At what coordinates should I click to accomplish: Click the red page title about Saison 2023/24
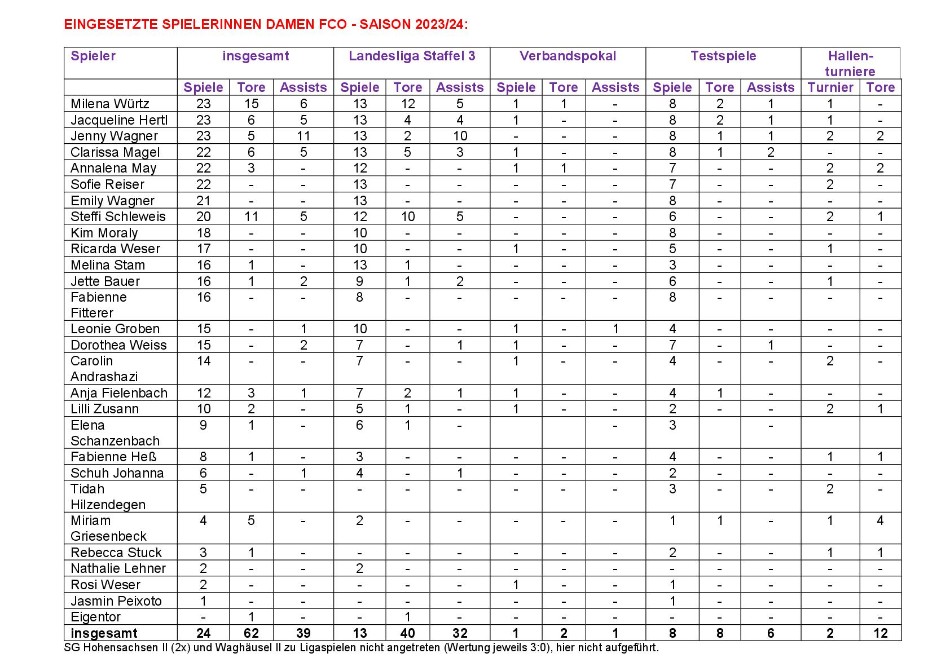tap(266, 24)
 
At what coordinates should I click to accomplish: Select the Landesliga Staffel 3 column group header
tap(412, 56)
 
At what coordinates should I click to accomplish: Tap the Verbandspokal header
tap(568, 56)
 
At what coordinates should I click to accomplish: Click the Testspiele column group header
tap(723, 56)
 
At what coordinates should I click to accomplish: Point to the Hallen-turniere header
tap(850, 63)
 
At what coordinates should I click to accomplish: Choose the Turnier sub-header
tap(830, 87)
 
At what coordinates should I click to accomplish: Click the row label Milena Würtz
tap(110, 104)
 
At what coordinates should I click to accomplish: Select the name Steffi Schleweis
tap(118, 217)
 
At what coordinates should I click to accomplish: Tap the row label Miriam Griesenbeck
tap(108, 528)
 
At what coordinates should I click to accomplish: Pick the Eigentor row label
tap(95, 617)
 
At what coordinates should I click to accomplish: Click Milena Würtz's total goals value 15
tap(251, 104)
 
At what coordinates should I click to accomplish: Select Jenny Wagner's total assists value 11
tap(303, 136)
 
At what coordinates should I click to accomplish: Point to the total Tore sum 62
tap(251, 633)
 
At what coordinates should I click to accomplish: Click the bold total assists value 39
tap(303, 633)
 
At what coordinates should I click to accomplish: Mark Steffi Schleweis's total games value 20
tap(204, 217)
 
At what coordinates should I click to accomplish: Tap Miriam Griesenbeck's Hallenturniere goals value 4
tap(880, 520)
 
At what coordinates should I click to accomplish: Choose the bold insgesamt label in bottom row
tap(104, 633)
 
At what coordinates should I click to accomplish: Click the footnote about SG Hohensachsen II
tap(361, 648)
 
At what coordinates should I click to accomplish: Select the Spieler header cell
tap(93, 56)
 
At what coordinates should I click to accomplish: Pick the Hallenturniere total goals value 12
tap(880, 633)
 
